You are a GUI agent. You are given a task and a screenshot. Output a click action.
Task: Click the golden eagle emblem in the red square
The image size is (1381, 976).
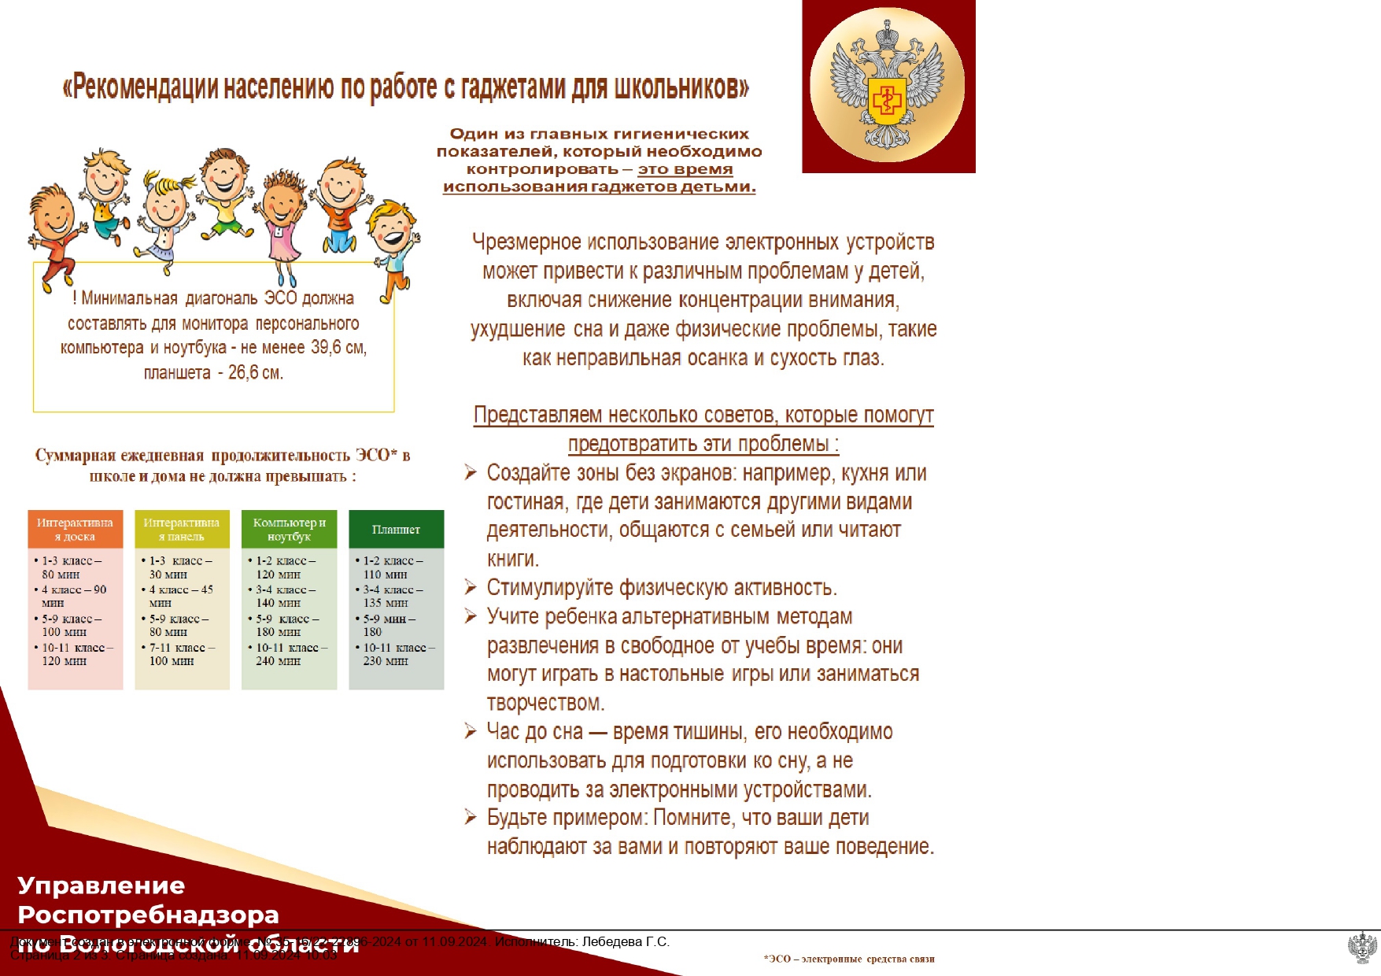coord(887,86)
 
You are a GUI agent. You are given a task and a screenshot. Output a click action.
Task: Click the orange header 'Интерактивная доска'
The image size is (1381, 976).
coord(76,529)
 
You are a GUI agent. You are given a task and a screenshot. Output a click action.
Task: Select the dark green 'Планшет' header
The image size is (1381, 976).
coord(396,529)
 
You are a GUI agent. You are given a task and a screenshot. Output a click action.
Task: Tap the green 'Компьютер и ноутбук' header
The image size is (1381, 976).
coord(289,529)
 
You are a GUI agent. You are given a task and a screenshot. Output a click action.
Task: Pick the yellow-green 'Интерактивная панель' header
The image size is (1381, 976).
coord(182,529)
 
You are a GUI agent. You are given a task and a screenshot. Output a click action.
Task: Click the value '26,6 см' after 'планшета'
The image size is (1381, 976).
coord(255,372)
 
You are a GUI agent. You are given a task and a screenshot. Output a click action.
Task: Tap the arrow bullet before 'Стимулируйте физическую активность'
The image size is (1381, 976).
coord(471,587)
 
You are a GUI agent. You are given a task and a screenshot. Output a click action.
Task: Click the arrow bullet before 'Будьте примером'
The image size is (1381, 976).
coord(471,817)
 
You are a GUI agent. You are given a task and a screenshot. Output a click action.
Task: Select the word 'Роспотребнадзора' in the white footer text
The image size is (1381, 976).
coord(148,915)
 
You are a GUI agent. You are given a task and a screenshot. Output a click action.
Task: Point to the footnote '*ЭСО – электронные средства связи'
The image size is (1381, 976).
coord(848,959)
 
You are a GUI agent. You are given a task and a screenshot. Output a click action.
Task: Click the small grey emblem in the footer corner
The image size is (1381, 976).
coord(1362,947)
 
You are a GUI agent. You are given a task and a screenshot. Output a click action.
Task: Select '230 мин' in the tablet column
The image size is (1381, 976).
coord(385,661)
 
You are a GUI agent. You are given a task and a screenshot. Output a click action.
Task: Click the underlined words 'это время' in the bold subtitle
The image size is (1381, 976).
coord(685,169)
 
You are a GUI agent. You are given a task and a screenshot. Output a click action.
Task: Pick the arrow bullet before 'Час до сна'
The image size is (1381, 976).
coord(471,731)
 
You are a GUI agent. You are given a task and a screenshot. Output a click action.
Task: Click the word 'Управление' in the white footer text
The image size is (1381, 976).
coord(101,885)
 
